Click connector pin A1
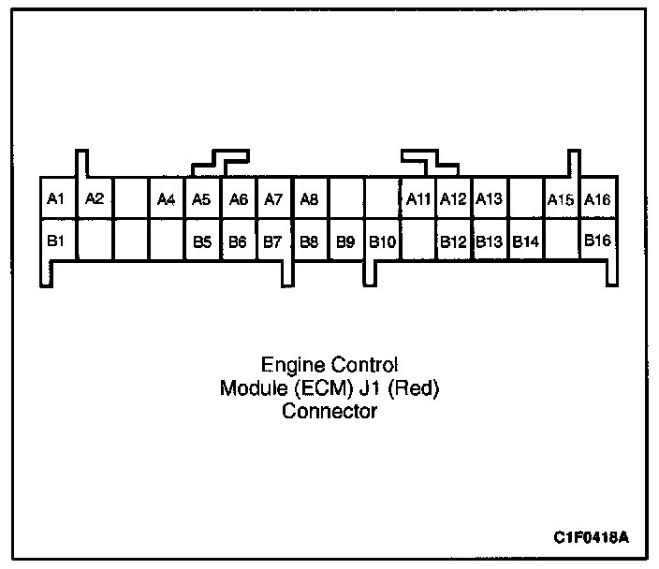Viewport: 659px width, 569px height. coord(56,198)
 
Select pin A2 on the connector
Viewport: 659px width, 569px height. coord(94,198)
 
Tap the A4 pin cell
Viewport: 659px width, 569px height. coord(167,198)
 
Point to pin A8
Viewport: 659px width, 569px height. coord(310,198)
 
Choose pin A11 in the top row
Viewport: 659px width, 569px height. coord(417,198)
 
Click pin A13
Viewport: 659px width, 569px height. coord(490,198)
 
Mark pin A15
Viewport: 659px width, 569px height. coord(561,198)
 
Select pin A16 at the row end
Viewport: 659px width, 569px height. coord(598,198)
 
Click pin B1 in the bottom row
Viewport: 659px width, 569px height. coord(56,241)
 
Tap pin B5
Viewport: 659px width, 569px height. coord(202,241)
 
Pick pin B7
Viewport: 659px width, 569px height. coord(273,241)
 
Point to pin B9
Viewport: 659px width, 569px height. coord(345,241)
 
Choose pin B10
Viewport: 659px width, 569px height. coord(382,241)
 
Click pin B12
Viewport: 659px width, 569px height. coord(454,241)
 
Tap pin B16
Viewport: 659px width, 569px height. coord(598,241)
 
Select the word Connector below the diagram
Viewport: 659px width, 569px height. coord(329,411)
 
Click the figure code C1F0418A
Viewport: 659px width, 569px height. coord(591,538)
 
